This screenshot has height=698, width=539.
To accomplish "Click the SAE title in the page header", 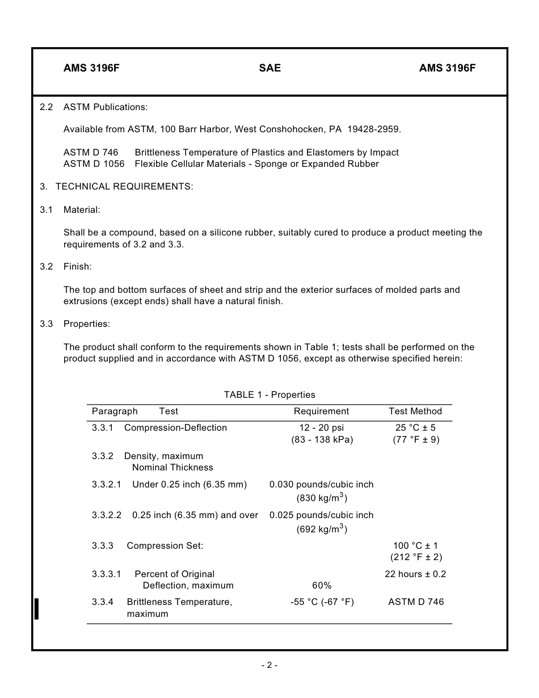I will tap(269, 68).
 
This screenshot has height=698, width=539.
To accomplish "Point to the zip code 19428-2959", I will tap(373, 129).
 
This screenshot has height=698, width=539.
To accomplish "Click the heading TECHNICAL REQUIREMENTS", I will tap(124, 187).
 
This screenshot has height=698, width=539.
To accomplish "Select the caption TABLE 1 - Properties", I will tap(269, 395).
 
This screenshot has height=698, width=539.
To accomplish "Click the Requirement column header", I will tap(321, 411).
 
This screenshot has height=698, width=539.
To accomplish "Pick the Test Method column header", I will tap(415, 411).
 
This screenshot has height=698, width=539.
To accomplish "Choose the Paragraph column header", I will tap(115, 411).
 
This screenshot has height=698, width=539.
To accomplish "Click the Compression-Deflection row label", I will tap(175, 428).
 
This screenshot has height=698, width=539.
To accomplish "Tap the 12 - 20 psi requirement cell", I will tap(322, 428).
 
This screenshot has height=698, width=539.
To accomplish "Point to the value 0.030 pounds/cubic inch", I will tap(321, 485).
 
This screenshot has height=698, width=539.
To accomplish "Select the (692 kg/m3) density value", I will tap(321, 529).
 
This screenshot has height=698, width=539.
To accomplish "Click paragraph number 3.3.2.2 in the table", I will tap(107, 515).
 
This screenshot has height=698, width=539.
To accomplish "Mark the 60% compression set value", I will tap(322, 586).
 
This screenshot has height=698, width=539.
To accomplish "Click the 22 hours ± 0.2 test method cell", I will tap(415, 574).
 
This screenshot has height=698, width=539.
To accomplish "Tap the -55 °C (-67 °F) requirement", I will tap(322, 602).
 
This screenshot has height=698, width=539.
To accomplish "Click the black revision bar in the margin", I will tap(37, 608).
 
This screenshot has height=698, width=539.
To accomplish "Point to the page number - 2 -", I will tap(269, 665).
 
